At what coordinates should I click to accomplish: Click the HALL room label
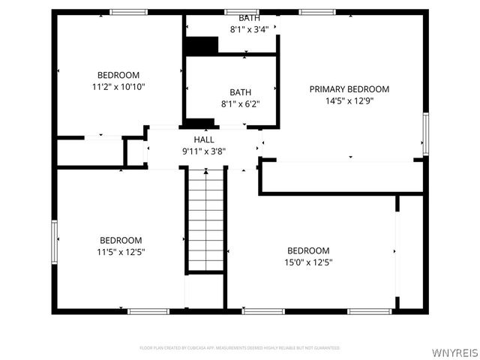(204, 139)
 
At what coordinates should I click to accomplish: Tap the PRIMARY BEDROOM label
(349, 89)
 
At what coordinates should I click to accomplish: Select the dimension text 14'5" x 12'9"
(349, 100)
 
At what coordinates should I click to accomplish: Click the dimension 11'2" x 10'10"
(118, 86)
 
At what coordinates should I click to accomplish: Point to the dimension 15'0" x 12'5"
(308, 262)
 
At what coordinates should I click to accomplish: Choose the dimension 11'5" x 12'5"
(121, 252)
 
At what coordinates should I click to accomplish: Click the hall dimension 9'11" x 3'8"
(204, 151)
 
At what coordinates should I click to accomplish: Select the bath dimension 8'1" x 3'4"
(250, 30)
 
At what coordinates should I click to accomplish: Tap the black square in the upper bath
(201, 45)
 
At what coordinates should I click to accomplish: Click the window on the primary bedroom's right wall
(425, 133)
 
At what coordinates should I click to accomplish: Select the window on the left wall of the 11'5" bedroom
(54, 241)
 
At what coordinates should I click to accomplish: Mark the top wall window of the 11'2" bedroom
(129, 11)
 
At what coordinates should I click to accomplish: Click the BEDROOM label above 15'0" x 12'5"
(308, 250)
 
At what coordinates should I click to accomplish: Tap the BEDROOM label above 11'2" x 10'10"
(118, 75)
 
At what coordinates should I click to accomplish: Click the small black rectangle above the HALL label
(199, 123)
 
